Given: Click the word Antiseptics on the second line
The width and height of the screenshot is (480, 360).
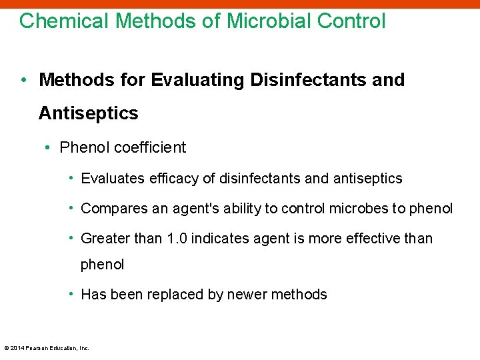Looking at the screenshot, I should pyautogui.click(x=88, y=113).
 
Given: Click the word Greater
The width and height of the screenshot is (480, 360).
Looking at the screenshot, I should pyautogui.click(x=104, y=239).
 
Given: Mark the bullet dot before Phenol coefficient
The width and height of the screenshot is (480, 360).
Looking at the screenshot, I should pyautogui.click(x=49, y=147).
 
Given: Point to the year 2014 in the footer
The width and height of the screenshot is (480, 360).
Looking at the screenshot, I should pyautogui.click(x=17, y=348).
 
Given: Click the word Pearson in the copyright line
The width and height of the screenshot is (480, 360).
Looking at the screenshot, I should pyautogui.click(x=38, y=348).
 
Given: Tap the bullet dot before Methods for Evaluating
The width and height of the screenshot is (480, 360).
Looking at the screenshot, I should pyautogui.click(x=23, y=80).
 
